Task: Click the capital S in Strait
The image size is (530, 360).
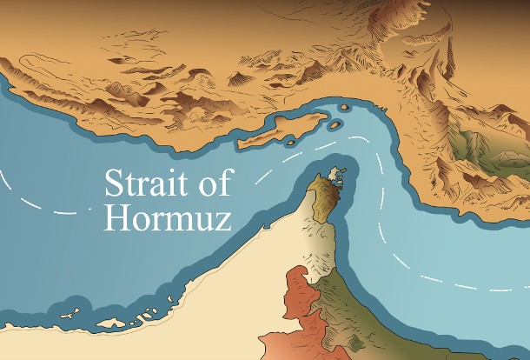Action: (x=113, y=184)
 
